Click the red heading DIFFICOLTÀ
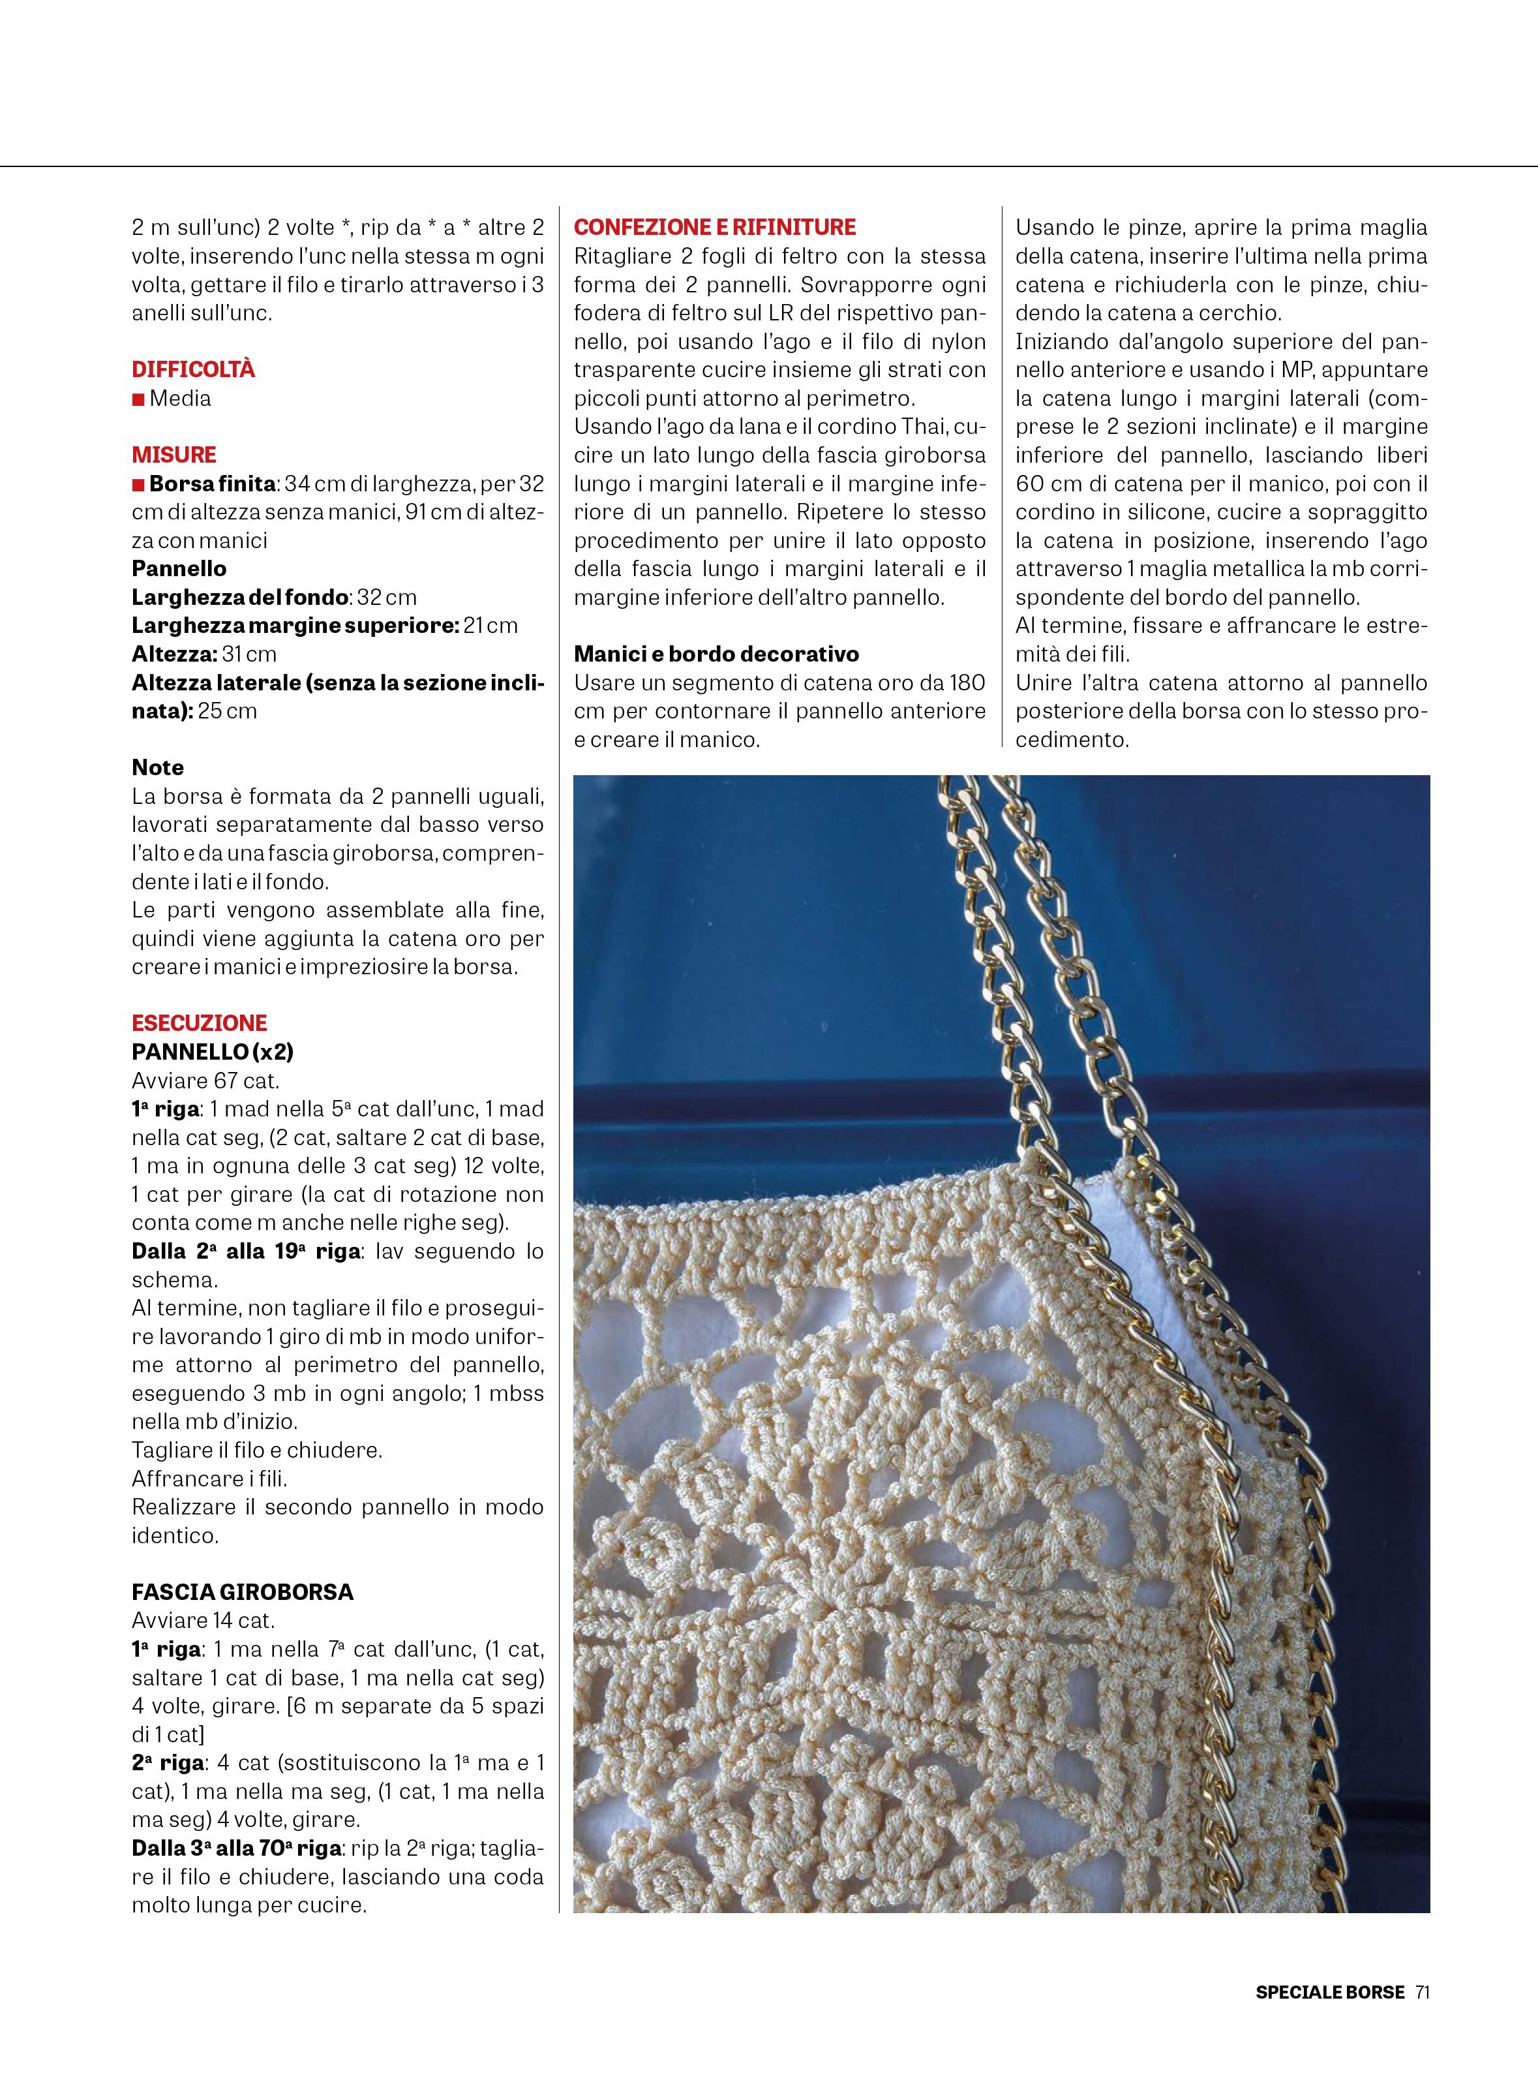(x=192, y=370)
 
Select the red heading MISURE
(x=174, y=455)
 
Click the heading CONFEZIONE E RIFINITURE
(x=714, y=227)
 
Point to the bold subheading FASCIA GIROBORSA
(x=242, y=1591)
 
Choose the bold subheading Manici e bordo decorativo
(x=716, y=654)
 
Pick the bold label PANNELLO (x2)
(x=212, y=1051)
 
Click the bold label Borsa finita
(x=211, y=484)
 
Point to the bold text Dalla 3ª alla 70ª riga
(x=237, y=1848)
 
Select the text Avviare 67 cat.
(x=205, y=1081)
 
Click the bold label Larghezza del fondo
(x=240, y=597)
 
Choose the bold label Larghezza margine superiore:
(x=295, y=626)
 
